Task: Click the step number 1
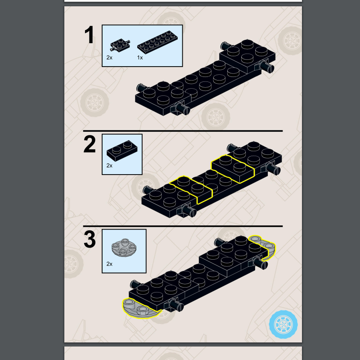click(89, 35)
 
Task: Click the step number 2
click(90, 144)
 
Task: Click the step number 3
click(90, 239)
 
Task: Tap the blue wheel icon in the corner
click(283, 324)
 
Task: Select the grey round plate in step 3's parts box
click(124, 247)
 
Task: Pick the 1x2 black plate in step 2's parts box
click(122, 151)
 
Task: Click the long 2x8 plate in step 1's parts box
click(157, 42)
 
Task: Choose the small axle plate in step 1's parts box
click(120, 45)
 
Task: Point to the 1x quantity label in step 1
click(140, 58)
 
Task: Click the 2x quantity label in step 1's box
click(109, 58)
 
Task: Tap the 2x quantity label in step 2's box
click(109, 166)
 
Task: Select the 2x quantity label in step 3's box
click(109, 264)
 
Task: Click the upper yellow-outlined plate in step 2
click(233, 169)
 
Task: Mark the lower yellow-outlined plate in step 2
click(191, 189)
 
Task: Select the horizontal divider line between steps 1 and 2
click(183, 131)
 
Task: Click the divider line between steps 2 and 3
click(183, 226)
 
